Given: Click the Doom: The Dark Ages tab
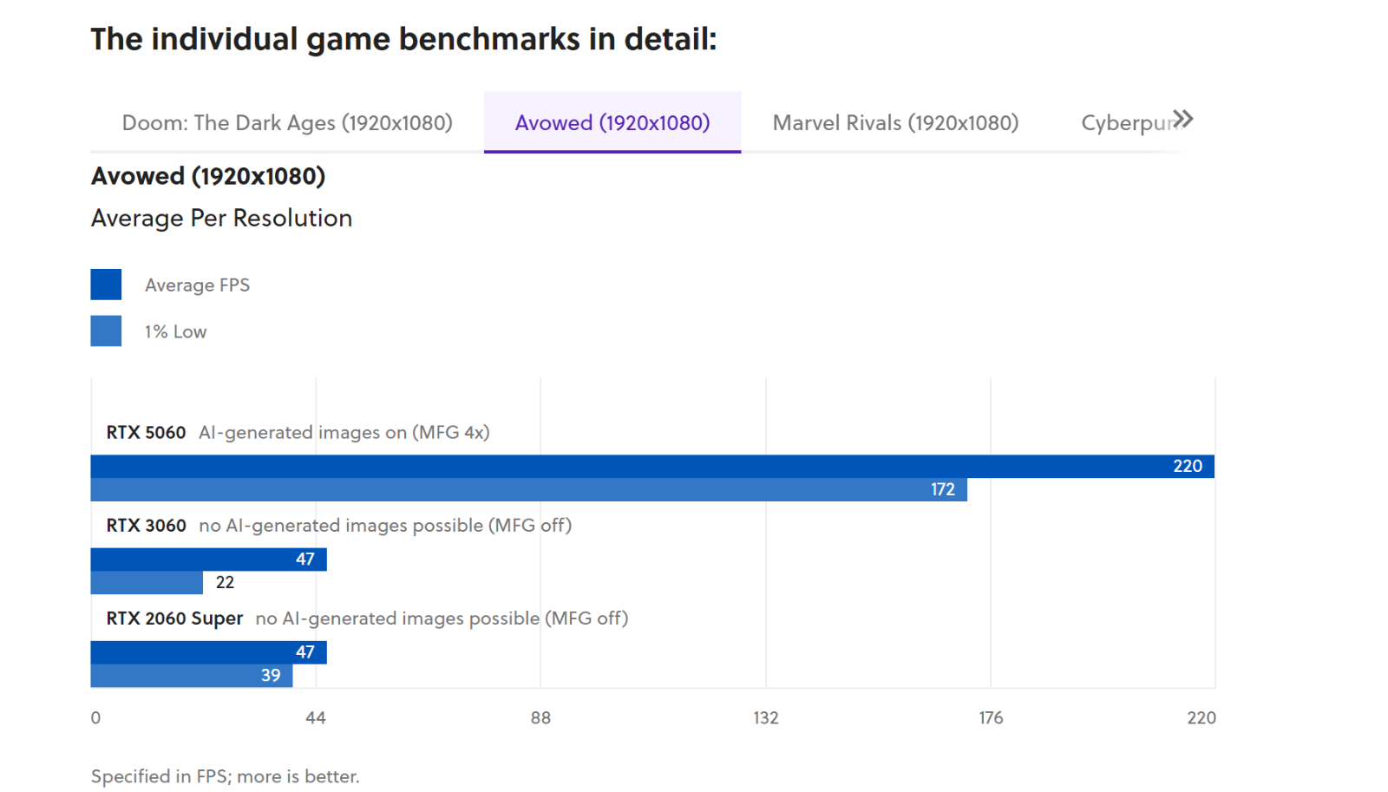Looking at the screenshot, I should [x=287, y=123].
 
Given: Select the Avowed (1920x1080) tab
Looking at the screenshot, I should [x=612, y=123].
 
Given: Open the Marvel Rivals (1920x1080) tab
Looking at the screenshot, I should [x=895, y=123].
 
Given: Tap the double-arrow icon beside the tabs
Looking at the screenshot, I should [x=1182, y=119].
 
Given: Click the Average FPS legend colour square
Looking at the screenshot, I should [x=106, y=285].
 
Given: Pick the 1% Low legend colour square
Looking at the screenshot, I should [x=106, y=331].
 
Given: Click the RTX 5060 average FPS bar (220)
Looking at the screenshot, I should [x=651, y=467].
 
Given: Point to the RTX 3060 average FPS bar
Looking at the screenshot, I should [x=208, y=560].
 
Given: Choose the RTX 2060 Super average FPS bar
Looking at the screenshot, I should [x=208, y=652].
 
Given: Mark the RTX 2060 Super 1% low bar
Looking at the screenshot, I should [x=191, y=676].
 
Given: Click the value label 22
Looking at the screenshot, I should [x=225, y=583].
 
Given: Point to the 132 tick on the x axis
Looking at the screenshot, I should [x=766, y=717].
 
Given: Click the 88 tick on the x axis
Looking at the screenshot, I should [x=540, y=717].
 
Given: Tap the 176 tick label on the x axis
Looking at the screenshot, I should [x=991, y=717].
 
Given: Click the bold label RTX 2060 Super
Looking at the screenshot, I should [x=174, y=619].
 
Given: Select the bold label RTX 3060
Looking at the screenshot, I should [x=146, y=526].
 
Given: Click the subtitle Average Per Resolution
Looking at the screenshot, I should [x=221, y=219].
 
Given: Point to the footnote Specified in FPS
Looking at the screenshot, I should [x=225, y=776].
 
